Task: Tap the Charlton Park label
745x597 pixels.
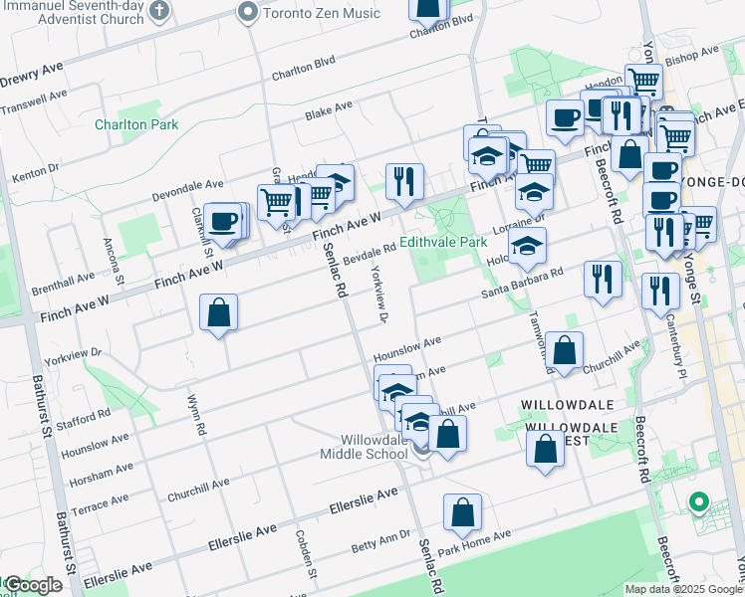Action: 136,125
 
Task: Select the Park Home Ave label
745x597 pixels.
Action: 473,541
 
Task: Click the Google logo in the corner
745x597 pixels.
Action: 32,585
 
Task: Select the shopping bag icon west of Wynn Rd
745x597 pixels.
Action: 219,313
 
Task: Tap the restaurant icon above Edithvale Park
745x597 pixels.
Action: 403,181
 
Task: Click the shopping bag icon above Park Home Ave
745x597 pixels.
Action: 462,512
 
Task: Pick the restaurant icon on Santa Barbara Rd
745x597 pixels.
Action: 603,278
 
